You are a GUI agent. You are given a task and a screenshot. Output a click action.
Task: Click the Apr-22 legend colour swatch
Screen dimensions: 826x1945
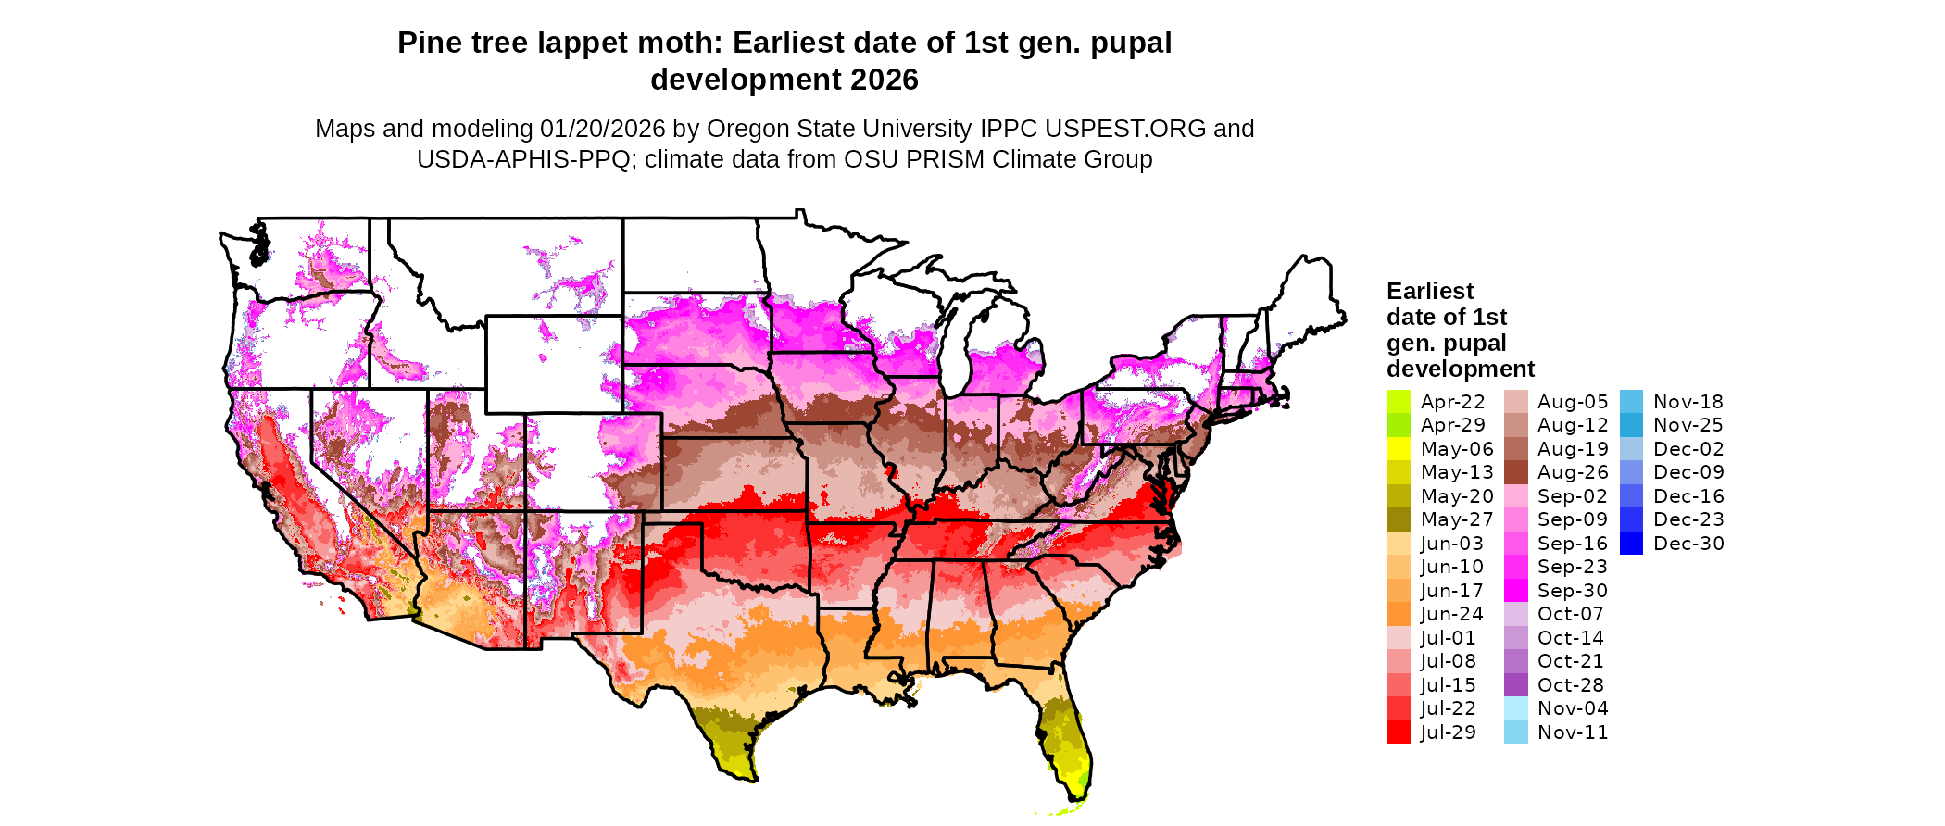click(x=1398, y=402)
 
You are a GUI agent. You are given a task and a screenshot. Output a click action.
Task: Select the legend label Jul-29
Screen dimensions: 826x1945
click(x=1448, y=732)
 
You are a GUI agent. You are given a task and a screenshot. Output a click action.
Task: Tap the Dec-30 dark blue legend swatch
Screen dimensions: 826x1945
click(x=1631, y=544)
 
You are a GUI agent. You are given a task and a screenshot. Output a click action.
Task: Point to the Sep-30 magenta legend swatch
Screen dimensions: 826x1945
click(x=1515, y=591)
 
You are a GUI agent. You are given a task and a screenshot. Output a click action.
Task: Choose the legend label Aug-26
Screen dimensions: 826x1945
click(x=1572, y=472)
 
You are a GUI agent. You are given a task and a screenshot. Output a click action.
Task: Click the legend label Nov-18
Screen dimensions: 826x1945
click(x=1688, y=402)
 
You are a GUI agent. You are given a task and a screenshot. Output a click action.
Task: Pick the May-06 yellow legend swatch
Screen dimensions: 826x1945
click(x=1398, y=449)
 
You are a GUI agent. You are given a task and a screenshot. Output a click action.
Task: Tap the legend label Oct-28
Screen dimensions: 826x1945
click(x=1570, y=685)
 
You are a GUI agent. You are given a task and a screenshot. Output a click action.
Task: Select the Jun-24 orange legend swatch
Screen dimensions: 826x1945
click(x=1398, y=614)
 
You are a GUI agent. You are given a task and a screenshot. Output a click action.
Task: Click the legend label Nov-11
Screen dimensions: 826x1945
click(x=1572, y=732)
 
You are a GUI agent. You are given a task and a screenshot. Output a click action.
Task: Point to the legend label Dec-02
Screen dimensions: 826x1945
click(x=1688, y=449)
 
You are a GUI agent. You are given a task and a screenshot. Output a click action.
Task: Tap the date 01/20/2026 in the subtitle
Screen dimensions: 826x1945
click(x=602, y=129)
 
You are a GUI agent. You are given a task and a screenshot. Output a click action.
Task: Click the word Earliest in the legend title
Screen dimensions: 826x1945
click(x=1429, y=291)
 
